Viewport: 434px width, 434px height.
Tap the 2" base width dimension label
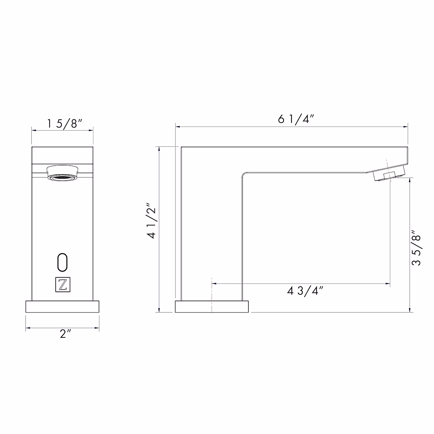pyautogui.click(x=65, y=333)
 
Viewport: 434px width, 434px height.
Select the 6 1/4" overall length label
pyautogui.click(x=296, y=119)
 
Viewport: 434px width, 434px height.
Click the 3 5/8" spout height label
pyautogui.click(x=416, y=248)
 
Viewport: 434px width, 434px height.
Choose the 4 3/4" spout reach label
pyautogui.click(x=305, y=291)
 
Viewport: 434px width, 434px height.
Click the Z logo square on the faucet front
pyautogui.click(x=63, y=285)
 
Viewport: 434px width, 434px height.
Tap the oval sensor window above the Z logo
pyautogui.click(x=63, y=262)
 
